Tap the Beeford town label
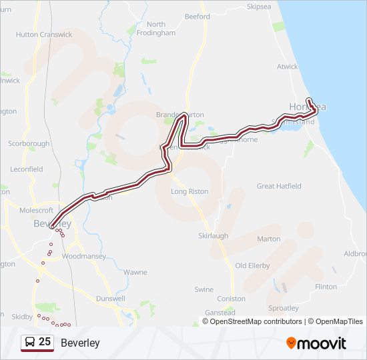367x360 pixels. click(x=198, y=17)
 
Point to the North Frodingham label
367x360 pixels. click(x=156, y=29)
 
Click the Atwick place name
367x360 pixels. click(x=288, y=67)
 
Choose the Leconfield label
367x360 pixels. click(x=27, y=169)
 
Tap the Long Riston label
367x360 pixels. click(x=190, y=191)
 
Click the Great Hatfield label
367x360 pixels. click(x=279, y=186)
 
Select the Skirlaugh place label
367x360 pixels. click(x=213, y=236)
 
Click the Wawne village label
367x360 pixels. click(x=135, y=272)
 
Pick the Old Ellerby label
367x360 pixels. click(x=252, y=265)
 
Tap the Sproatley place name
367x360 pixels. click(x=283, y=308)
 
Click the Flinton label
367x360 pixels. click(x=326, y=287)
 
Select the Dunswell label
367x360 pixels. click(x=110, y=299)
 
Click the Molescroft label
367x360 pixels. click(x=37, y=210)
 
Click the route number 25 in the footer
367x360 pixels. click(x=45, y=342)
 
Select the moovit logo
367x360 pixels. click(x=316, y=343)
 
